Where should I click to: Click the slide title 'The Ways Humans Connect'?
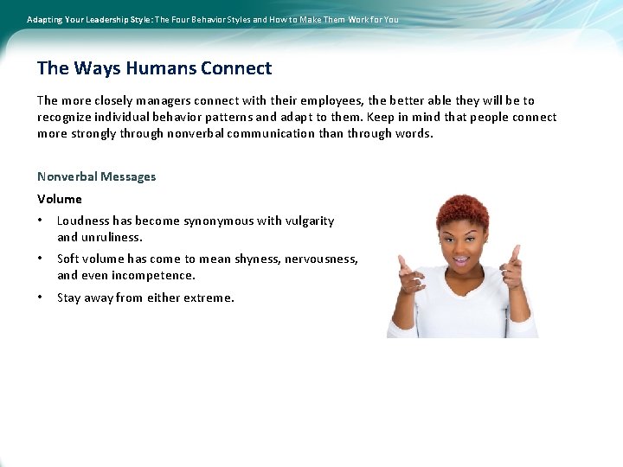point(154,68)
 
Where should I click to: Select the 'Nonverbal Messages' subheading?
point(96,176)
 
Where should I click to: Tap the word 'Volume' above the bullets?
point(59,199)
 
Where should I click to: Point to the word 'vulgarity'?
point(309,221)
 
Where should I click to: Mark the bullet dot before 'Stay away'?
point(41,297)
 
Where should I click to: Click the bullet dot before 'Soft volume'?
point(41,259)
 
